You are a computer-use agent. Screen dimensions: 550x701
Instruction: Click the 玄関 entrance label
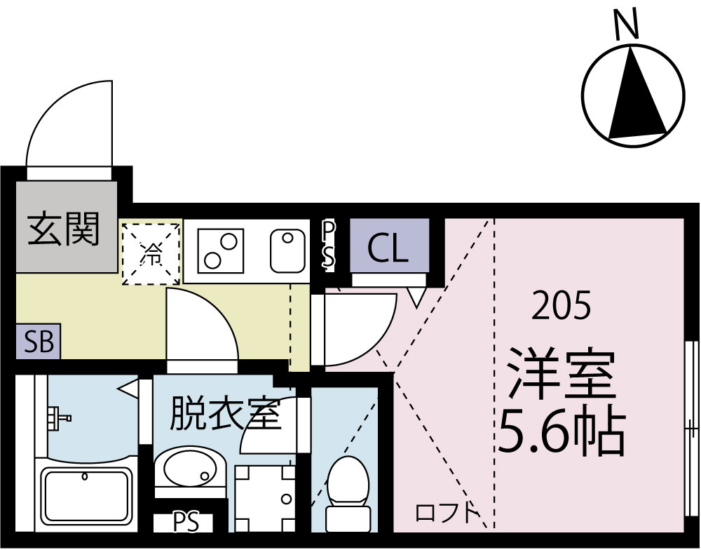click(x=64, y=228)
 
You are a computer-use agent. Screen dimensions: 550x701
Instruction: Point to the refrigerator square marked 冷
click(x=151, y=253)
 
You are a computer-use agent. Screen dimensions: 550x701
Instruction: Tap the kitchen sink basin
click(x=285, y=250)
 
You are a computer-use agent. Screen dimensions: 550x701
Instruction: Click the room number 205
click(x=561, y=307)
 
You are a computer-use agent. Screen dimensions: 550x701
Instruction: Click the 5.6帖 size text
click(x=561, y=429)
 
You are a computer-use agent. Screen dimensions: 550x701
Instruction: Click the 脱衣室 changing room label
click(x=224, y=414)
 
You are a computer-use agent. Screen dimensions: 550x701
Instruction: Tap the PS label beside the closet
click(x=328, y=243)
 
